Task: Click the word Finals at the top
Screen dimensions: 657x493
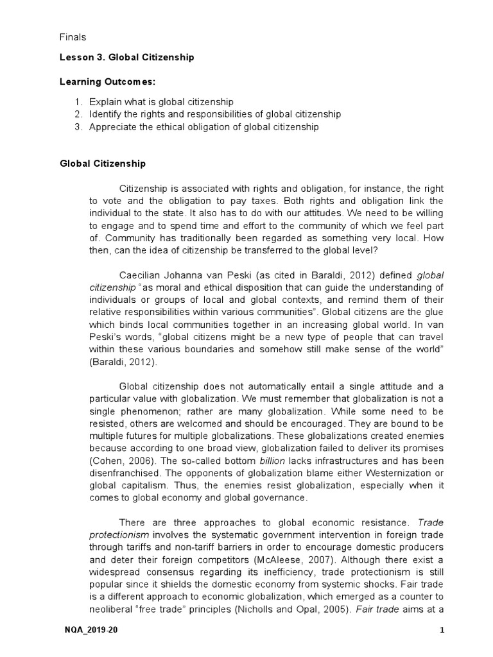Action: [x=73, y=38]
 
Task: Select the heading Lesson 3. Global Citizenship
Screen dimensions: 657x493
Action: [x=126, y=58]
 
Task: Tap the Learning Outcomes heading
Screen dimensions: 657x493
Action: [x=107, y=82]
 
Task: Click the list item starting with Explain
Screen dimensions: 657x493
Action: [x=161, y=102]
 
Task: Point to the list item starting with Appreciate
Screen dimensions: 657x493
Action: [x=203, y=127]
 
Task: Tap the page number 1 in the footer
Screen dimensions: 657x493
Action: [x=442, y=631]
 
